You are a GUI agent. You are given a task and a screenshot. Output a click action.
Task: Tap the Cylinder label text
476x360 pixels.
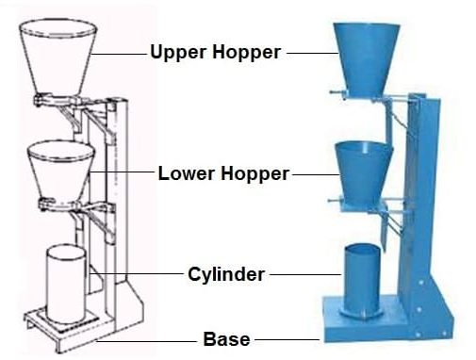226,274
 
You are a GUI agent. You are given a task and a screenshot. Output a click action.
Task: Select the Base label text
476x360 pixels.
226,338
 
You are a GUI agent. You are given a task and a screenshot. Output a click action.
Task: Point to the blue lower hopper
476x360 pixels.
364,168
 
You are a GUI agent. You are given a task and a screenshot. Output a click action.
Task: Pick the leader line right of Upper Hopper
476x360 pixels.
310,54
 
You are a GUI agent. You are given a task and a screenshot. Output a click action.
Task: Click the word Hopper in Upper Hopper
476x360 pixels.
248,53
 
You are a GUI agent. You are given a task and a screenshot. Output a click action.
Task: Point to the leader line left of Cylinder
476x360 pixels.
141,274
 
